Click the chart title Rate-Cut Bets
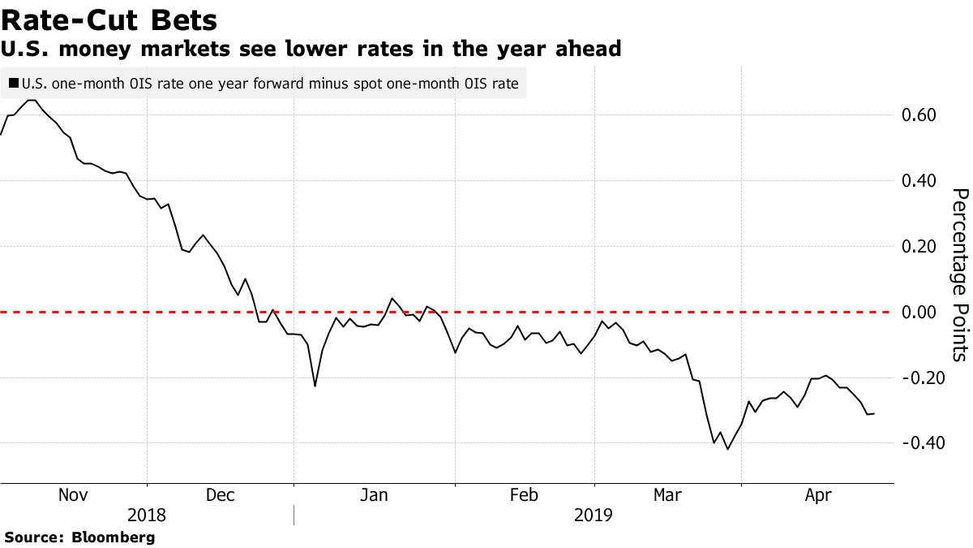[109, 18]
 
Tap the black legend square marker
[14, 83]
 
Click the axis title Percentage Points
[960, 274]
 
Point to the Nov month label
[73, 494]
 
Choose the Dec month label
[220, 494]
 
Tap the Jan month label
[374, 494]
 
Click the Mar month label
[667, 494]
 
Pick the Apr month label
[816, 494]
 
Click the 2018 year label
[147, 515]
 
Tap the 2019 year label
[593, 515]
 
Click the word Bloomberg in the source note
[114, 537]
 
